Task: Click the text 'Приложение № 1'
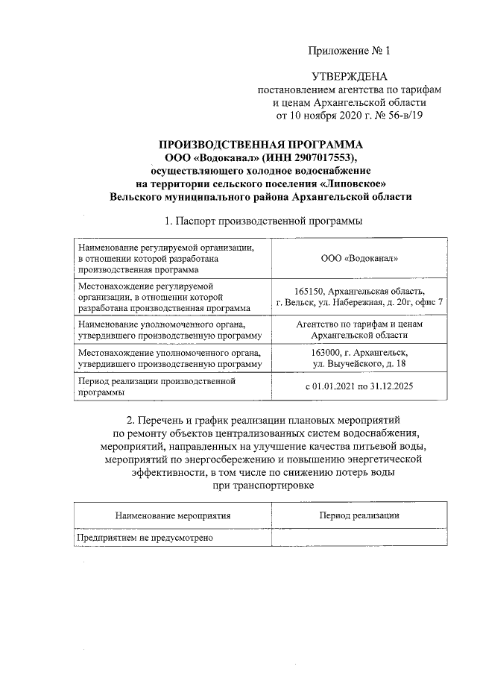(x=350, y=51)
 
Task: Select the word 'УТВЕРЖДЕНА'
(x=350, y=77)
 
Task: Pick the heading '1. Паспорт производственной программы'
(x=263, y=222)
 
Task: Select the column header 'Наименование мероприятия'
(x=172, y=515)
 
